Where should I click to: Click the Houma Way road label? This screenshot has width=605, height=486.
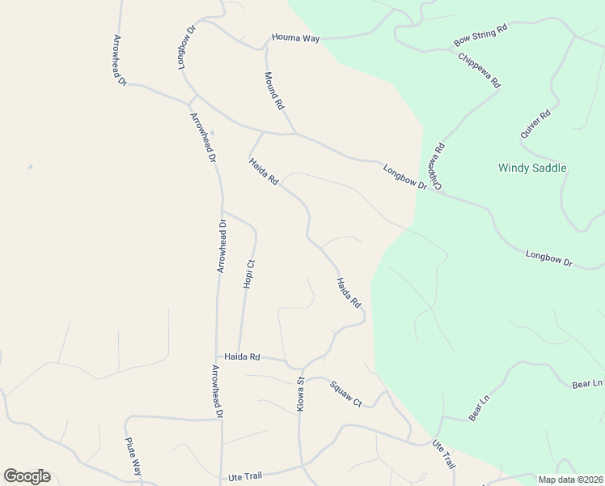coord(295,38)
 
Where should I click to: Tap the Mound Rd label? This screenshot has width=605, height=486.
coord(274,91)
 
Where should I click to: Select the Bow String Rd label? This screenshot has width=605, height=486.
coord(480,34)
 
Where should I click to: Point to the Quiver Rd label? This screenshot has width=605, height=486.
coord(535,124)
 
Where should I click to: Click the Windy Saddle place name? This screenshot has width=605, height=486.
coord(532,168)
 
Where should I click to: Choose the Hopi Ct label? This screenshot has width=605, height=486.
coord(249,274)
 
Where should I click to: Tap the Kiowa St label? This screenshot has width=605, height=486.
coord(300,394)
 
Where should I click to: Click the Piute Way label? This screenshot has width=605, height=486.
coord(133,456)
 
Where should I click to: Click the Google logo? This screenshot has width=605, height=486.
coord(27,476)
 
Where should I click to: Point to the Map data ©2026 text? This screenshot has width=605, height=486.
coord(571,480)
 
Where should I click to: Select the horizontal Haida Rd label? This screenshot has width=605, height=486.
coord(242,356)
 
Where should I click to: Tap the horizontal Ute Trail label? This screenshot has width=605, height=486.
coord(247,478)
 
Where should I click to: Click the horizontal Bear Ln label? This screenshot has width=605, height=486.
coord(587,383)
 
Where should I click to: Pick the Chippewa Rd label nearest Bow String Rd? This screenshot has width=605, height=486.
coord(480,70)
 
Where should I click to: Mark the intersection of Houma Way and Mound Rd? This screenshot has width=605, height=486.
coord(266,45)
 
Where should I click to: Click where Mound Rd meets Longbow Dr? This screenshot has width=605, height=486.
coord(294,133)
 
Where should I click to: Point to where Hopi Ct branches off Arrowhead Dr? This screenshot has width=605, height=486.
coord(222,211)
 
